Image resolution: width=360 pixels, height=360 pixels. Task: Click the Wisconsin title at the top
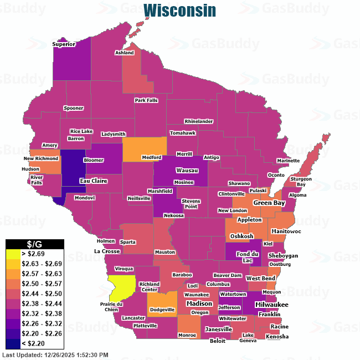pos(179,11)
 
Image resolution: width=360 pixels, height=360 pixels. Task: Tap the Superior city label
pos(64,44)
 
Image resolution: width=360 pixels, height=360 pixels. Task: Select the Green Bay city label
pos(269,203)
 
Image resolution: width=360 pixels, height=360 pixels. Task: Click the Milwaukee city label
pos(271,305)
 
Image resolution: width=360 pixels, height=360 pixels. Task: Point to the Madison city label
pos(199,304)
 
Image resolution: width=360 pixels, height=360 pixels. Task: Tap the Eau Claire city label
pos(92,181)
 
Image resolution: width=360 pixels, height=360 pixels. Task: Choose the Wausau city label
pos(187,171)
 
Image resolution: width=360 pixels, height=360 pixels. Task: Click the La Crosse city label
pos(107,251)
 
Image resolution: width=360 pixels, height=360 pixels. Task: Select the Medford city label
pos(151,157)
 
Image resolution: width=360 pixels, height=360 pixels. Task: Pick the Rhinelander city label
pos(199,121)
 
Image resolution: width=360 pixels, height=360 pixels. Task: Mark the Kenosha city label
pos(277,336)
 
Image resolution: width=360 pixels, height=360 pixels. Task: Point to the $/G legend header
pos(35,244)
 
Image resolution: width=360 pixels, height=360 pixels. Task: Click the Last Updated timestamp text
pos(55,354)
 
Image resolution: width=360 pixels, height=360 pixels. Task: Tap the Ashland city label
pos(125,53)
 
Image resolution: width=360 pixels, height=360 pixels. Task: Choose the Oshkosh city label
pos(242,236)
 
